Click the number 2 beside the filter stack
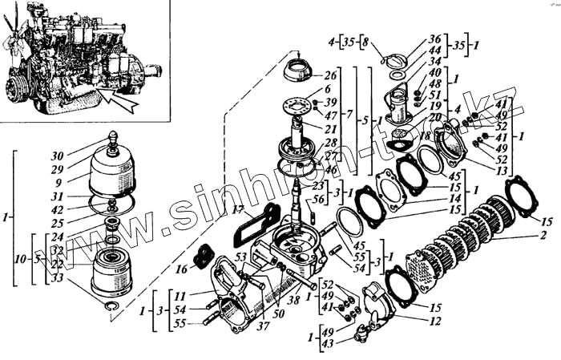pyautogui.click(x=543, y=236)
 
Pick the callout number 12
pyautogui.click(x=435, y=322)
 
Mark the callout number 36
pyautogui.click(x=435, y=38)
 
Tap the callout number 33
pyautogui.click(x=58, y=277)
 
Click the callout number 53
pyautogui.click(x=240, y=257)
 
